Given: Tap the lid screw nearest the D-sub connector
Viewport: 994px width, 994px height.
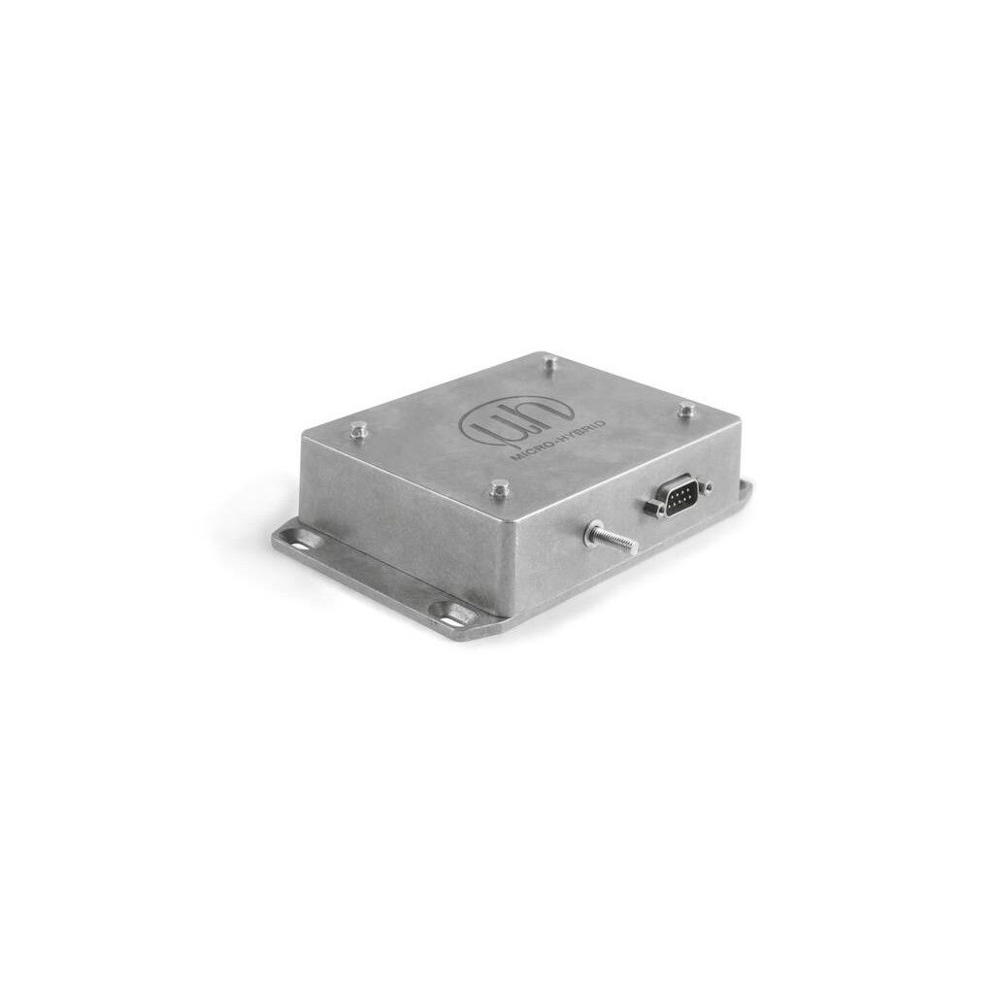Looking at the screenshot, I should [x=686, y=411].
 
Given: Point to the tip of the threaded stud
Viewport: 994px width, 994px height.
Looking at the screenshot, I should [x=632, y=545].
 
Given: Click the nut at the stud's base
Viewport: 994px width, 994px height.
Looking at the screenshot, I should [x=591, y=529].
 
